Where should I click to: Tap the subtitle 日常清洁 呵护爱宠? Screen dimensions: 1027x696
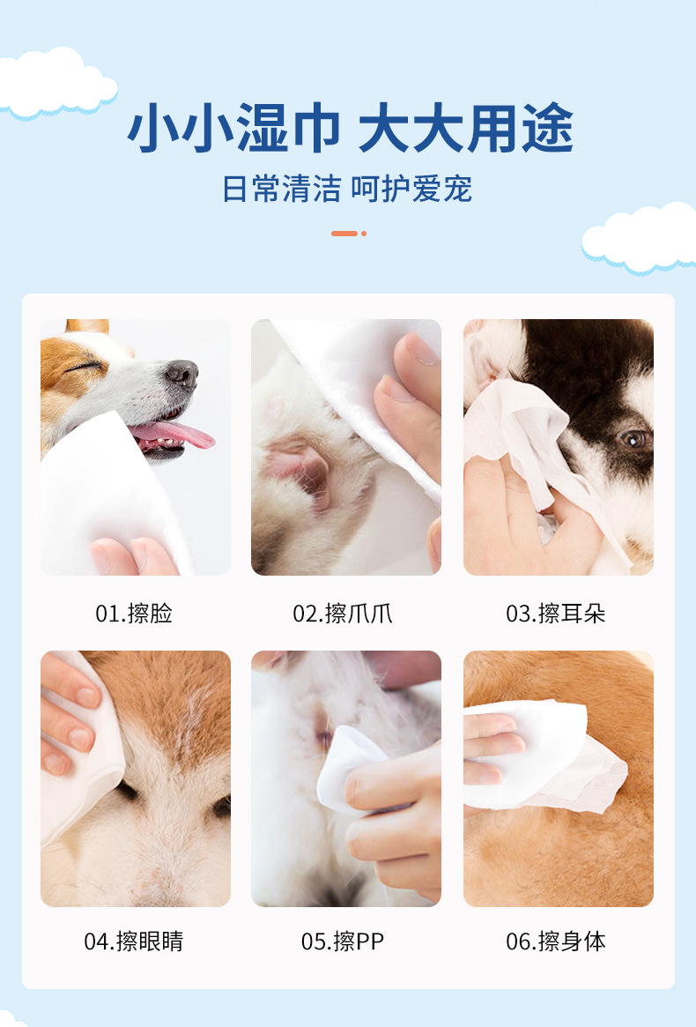click(347, 189)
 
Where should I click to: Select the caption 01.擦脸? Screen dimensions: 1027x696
click(134, 614)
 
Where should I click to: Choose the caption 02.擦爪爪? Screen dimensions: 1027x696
click(343, 614)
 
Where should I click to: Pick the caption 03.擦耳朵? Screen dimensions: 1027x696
click(556, 614)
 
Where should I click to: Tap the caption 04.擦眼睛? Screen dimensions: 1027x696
click(134, 941)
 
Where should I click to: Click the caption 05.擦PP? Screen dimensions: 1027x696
click(343, 941)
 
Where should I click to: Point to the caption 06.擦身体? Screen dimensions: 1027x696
click(556, 941)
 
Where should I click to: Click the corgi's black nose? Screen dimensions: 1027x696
click(182, 373)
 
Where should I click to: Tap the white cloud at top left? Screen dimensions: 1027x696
click(53, 81)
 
